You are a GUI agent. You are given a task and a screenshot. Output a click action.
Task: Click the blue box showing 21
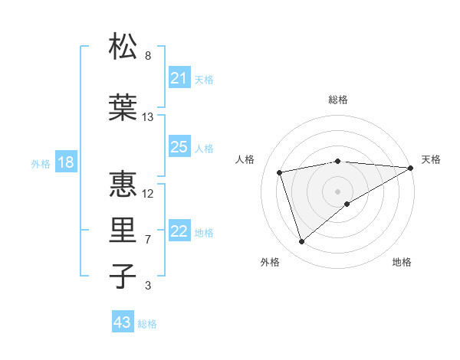[x=179, y=78]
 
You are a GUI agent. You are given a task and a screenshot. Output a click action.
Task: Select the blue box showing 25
[x=179, y=147]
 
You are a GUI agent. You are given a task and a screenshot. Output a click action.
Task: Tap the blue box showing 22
[x=179, y=232]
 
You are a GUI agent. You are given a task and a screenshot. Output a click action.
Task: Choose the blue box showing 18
[x=65, y=163]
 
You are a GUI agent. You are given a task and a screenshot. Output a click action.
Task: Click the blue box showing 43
[x=122, y=322]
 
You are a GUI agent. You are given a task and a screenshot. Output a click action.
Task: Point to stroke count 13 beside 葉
[x=148, y=117]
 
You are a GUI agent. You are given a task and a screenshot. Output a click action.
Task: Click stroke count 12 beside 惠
[x=148, y=193]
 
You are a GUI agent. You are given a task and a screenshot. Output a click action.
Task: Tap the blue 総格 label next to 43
[x=148, y=324]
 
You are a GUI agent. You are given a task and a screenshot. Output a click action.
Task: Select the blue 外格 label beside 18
[x=40, y=164]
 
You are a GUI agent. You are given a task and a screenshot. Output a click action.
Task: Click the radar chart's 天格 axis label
[x=431, y=159]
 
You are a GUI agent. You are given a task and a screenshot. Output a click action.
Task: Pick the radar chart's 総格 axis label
[x=337, y=100]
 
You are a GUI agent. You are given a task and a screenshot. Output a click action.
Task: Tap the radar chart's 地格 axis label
[x=402, y=262]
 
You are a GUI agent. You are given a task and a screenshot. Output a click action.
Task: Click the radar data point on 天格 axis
[x=411, y=167]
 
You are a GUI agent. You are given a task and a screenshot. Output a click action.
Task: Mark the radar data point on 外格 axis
[x=301, y=242]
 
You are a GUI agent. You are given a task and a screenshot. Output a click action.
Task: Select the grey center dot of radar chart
[x=337, y=191]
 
